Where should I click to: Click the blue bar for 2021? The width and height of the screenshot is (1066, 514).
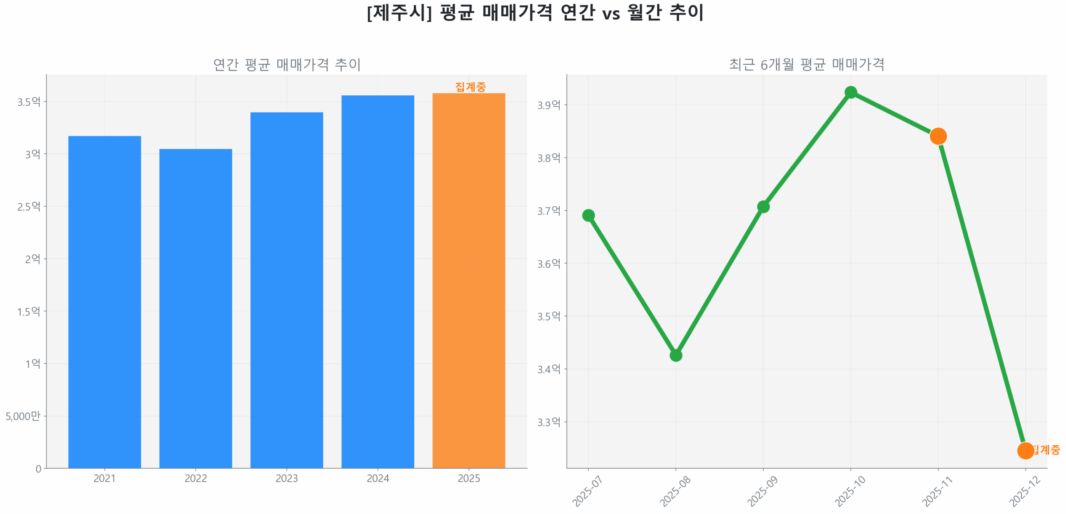tap(105, 302)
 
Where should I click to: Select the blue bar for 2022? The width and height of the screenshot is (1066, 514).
tap(195, 308)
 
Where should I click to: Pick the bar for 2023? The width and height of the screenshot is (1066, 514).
tap(286, 290)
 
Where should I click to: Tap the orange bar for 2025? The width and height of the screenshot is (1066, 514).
tap(468, 280)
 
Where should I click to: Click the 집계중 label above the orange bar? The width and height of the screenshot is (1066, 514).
tap(470, 87)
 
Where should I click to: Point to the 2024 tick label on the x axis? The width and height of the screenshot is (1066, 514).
tap(377, 478)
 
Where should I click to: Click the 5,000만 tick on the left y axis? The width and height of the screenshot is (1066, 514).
tap(23, 416)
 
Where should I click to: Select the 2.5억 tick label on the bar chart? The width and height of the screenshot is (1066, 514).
tap(29, 206)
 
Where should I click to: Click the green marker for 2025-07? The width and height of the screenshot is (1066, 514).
tap(588, 215)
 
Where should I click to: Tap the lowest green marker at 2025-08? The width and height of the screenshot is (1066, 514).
tap(675, 355)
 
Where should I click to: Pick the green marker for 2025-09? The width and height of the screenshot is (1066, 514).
tap(763, 207)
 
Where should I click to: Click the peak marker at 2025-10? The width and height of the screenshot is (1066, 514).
tap(850, 92)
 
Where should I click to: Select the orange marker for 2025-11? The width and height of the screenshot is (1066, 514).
tap(938, 136)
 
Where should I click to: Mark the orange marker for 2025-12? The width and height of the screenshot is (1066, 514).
tap(1025, 450)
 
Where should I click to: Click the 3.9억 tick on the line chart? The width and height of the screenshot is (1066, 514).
tap(548, 105)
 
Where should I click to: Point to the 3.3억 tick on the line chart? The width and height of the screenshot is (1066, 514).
tap(548, 422)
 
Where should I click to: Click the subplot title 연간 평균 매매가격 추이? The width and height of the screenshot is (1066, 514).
tap(286, 65)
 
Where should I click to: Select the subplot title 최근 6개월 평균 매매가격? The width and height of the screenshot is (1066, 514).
tap(806, 65)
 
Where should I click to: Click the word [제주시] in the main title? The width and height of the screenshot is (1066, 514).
tap(399, 12)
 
